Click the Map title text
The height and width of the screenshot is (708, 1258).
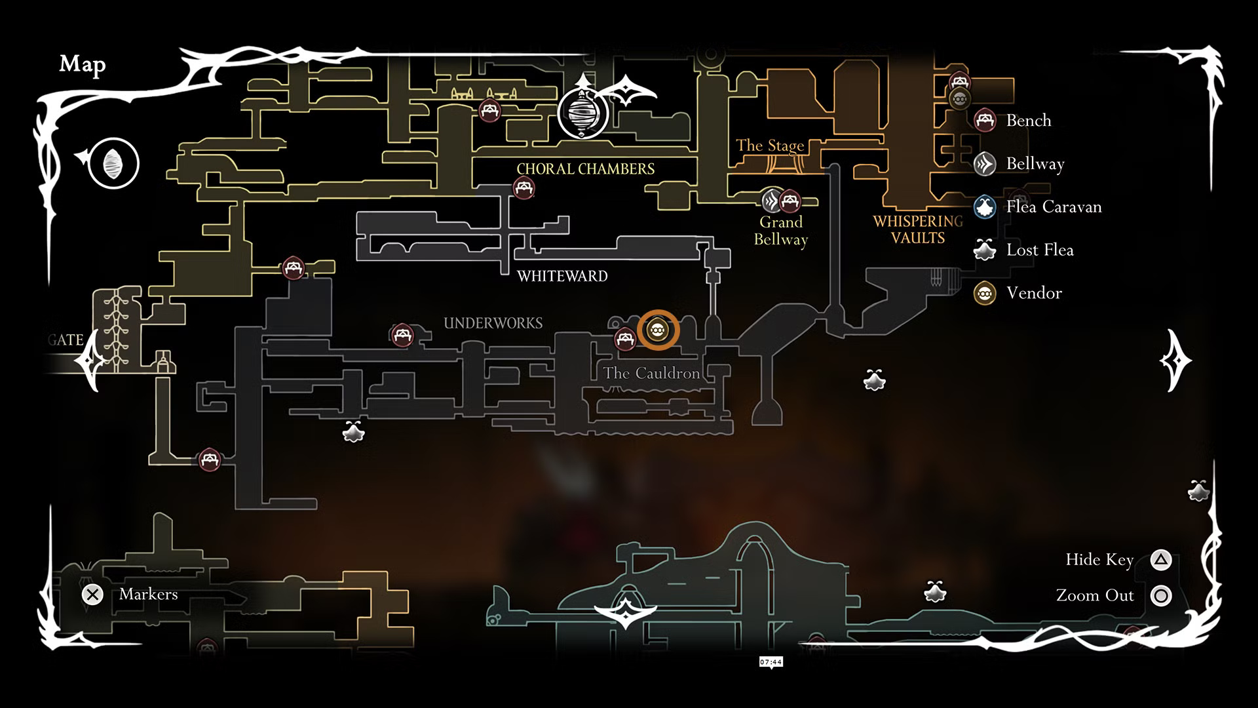pos(83,64)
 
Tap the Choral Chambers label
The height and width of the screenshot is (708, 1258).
pos(585,169)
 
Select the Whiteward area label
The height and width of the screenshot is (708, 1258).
pos(562,276)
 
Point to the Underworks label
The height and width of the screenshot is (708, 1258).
pos(493,323)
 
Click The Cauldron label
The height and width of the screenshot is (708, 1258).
pos(651,374)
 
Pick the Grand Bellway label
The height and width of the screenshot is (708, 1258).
pos(780,231)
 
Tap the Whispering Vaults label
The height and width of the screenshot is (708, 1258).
pos(918,229)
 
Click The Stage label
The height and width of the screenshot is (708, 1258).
pos(769,146)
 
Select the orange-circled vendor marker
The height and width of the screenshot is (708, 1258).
pos(658,330)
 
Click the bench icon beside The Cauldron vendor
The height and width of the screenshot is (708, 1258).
pos(624,339)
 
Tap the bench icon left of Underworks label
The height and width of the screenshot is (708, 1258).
pos(402,335)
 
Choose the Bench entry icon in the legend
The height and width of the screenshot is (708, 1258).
pos(985,121)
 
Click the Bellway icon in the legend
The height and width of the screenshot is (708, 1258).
pos(985,164)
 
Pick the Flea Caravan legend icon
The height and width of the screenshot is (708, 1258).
pos(985,207)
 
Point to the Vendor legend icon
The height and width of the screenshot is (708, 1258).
pos(985,293)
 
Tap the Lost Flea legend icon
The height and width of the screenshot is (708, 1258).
pos(985,250)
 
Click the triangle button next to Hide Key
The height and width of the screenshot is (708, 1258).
pos(1161,560)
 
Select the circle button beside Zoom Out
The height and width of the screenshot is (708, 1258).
pos(1161,596)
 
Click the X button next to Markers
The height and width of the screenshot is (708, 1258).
pos(92,595)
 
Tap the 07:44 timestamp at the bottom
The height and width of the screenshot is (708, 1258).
pos(771,662)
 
